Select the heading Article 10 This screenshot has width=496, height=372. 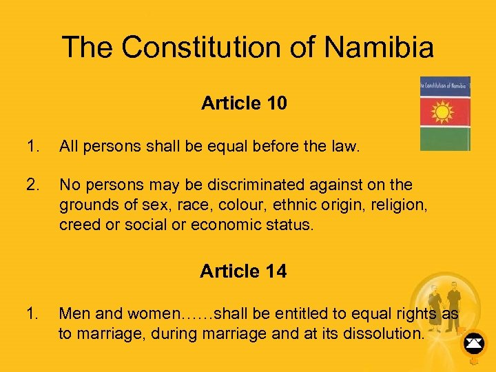[244, 103]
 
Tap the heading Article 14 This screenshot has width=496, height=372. [243, 271]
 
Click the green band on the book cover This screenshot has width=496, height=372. [445, 141]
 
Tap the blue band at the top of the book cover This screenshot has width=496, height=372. [445, 86]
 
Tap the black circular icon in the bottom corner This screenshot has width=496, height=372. [473, 342]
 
